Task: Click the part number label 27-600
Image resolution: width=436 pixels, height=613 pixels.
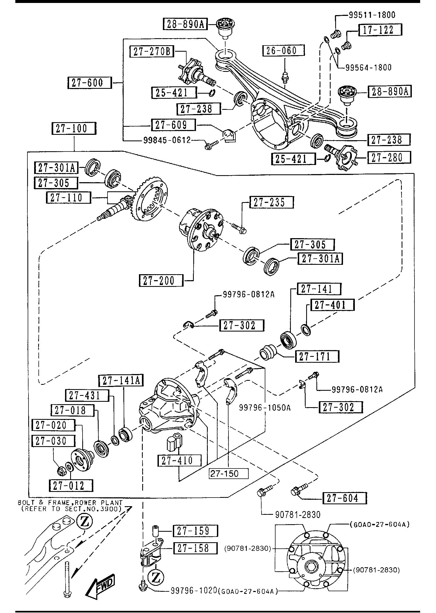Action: point(89,83)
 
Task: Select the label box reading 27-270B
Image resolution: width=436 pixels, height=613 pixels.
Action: point(152,51)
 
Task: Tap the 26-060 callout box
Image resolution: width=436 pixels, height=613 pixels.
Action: point(284,50)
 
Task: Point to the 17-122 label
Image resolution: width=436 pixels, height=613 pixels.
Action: point(380,30)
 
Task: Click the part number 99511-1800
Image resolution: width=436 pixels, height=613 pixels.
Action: point(372,15)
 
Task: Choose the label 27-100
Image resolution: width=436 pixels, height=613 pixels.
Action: point(74,128)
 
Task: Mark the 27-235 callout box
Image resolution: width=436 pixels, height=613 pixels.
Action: point(271,202)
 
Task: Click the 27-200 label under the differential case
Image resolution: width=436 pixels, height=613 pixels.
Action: point(161,281)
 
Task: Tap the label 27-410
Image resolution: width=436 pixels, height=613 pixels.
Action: point(179,460)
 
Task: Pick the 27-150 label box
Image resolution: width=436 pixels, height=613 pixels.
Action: point(228,473)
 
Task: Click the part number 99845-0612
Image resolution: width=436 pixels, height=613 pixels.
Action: point(167,140)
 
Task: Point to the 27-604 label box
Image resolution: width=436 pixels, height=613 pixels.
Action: point(344,498)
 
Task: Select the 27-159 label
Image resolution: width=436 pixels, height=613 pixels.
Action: point(195,531)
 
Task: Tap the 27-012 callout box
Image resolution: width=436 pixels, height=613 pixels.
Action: point(71,485)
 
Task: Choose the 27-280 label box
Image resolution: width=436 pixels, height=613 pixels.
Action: point(389,157)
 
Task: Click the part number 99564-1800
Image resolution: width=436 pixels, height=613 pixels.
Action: point(368,67)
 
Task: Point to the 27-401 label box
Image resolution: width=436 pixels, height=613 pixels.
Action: point(332,305)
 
